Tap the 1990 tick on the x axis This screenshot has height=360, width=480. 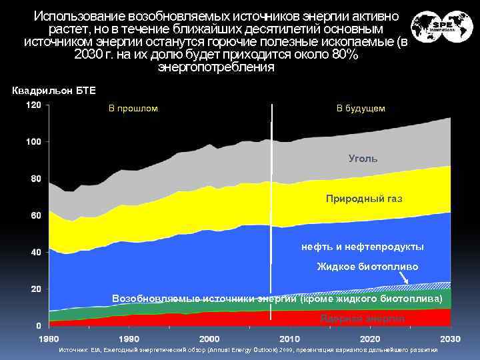click(129, 339)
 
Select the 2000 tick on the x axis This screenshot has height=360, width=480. click(210, 339)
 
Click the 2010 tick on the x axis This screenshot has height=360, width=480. click(289, 339)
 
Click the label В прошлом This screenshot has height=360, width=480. click(133, 108)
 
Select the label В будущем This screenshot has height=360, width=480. click(360, 108)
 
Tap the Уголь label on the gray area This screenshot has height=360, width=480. click(363, 159)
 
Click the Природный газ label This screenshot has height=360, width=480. click(364, 199)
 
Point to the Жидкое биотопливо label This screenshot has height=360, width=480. click(367, 267)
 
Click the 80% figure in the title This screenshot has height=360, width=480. click(345, 55)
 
